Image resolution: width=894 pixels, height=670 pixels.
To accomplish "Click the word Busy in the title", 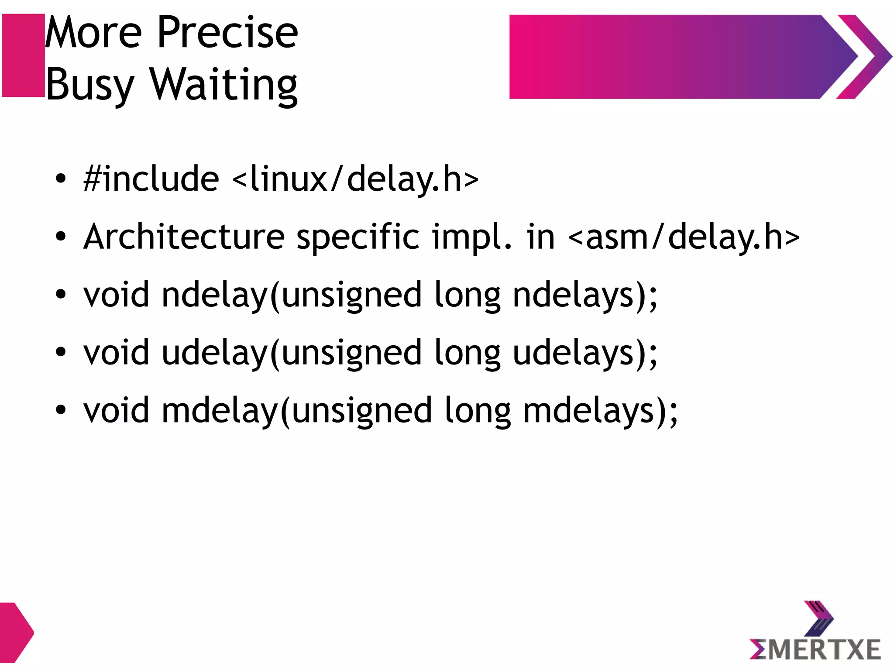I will coord(89,85).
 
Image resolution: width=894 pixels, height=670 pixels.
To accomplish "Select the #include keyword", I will coord(151,179).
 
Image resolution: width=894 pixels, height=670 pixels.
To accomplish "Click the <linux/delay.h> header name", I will coord(355,179).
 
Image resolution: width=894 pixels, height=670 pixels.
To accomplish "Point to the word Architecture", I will coord(184,237).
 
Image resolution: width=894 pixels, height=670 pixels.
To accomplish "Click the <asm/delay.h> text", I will coord(684,237).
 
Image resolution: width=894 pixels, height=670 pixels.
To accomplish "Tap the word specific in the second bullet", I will coord(358,237).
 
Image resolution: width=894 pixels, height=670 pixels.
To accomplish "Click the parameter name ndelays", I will coord(573,295).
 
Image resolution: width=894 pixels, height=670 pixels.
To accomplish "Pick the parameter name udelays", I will coord(573,353).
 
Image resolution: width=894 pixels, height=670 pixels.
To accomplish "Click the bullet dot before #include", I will coord(61,179).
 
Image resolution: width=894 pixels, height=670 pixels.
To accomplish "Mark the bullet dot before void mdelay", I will coord(61,410).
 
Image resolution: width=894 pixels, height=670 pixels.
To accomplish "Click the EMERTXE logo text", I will coord(815,649).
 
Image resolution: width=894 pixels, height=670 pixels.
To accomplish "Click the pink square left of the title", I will coord(24,55).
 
